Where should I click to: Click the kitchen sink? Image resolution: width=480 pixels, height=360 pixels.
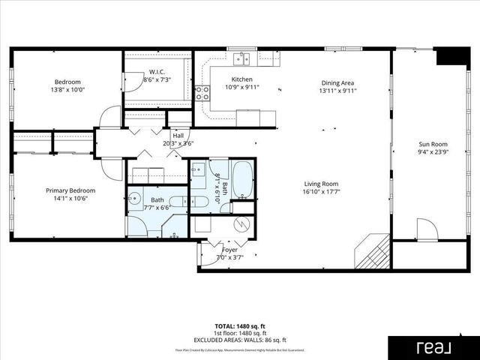241,58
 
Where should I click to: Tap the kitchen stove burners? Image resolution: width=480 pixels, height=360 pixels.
202,93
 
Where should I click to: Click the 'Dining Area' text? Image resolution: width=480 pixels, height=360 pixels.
337,83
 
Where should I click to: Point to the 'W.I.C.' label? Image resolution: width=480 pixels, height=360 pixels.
156,72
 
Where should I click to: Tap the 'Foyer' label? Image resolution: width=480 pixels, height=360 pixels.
229,249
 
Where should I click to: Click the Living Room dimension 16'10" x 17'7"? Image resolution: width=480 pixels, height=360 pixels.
320,192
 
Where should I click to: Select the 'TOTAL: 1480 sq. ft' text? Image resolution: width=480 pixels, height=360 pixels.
240,326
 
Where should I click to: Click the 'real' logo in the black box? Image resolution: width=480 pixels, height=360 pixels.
433,347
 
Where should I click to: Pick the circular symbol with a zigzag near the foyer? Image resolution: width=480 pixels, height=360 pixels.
242,223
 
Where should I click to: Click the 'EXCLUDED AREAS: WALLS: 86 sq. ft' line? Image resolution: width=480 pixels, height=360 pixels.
240,340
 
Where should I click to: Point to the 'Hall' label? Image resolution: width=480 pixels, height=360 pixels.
178,135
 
